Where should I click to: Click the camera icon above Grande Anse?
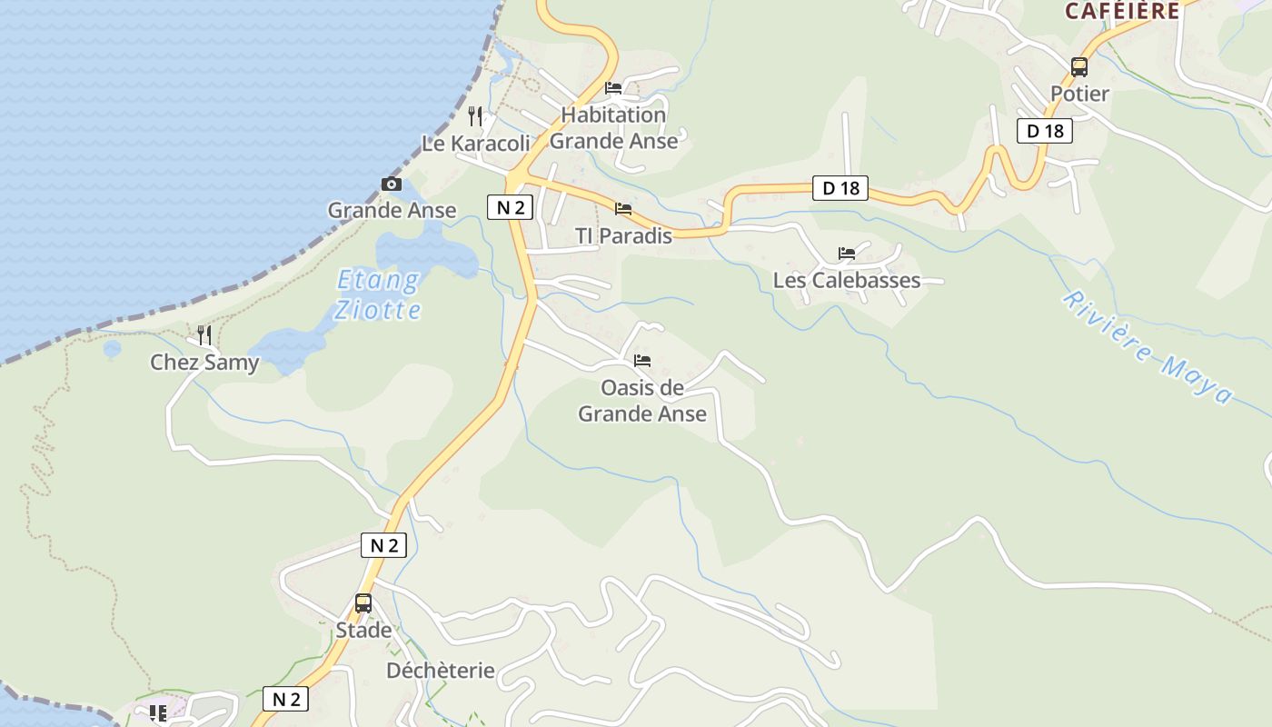pyautogui.click(x=392, y=184)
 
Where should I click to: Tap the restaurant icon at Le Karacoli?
pyautogui.click(x=474, y=115)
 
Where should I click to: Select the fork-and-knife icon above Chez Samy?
pyautogui.click(x=204, y=335)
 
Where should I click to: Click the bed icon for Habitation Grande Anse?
pyautogui.click(x=613, y=88)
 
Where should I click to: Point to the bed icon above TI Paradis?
pyautogui.click(x=623, y=209)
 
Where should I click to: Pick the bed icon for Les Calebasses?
pyautogui.click(x=847, y=254)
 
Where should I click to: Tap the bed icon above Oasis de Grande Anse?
pyautogui.click(x=642, y=361)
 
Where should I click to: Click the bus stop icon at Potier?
pyautogui.click(x=1079, y=67)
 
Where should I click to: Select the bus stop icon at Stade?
pyautogui.click(x=363, y=603)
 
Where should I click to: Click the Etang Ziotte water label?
pyautogui.click(x=378, y=294)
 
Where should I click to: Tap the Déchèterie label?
pyautogui.click(x=441, y=671)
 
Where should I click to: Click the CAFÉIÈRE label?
pyautogui.click(x=1122, y=11)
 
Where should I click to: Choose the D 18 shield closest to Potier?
pyautogui.click(x=1045, y=131)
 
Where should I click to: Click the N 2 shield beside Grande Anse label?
pyautogui.click(x=510, y=207)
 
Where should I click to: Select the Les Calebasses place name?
pyautogui.click(x=847, y=280)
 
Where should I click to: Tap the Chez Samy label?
pyautogui.click(x=204, y=363)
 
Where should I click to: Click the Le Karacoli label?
pyautogui.click(x=476, y=144)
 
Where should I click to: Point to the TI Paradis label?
pyautogui.click(x=623, y=236)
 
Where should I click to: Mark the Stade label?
pyautogui.click(x=363, y=630)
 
